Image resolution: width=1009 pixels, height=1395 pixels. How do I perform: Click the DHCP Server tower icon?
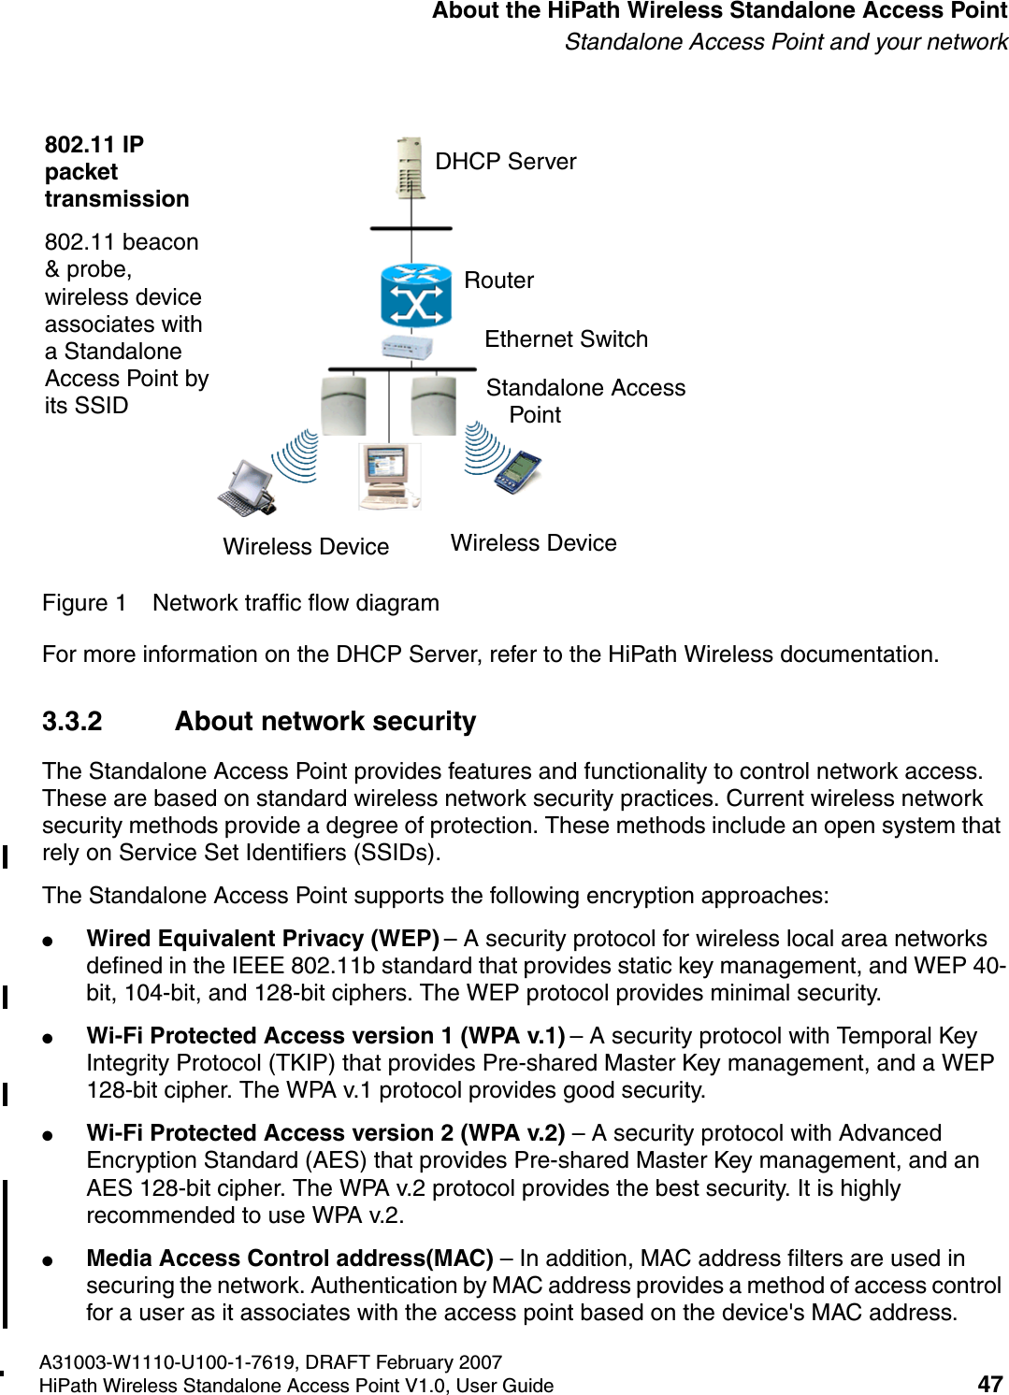coord(411,168)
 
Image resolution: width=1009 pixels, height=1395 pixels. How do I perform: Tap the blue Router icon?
coord(416,295)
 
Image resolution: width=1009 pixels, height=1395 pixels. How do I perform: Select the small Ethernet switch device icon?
coord(408,348)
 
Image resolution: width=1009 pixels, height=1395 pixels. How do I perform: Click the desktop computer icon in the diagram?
coord(389,476)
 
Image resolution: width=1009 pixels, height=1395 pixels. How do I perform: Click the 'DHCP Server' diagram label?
coord(505,162)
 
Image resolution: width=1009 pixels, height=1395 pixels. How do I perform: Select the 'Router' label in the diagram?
coord(498,280)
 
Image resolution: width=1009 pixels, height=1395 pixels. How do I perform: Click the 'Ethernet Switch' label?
coord(566,339)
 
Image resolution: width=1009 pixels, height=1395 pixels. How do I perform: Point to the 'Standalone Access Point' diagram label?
coord(584,400)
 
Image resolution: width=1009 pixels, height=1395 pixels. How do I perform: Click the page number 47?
coord(989,1384)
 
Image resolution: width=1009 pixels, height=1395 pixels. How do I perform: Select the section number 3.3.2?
coord(72,722)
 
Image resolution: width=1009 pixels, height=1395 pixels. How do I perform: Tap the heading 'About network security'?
coord(325,722)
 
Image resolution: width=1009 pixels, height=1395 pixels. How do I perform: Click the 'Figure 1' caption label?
coord(84,603)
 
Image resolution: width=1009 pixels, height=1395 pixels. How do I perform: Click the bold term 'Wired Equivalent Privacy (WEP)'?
coord(263,939)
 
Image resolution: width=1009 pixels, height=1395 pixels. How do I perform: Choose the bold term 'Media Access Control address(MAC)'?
coord(290,1258)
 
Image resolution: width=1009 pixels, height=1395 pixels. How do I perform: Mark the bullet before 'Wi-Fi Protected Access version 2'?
coord(47,1136)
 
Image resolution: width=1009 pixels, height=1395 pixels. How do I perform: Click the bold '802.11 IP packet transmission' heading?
coord(116,172)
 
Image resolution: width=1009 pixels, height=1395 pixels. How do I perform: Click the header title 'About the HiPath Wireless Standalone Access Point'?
coord(719,11)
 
